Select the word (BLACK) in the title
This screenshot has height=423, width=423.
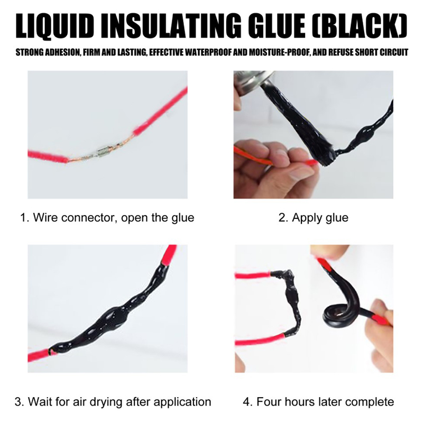coord(360,26)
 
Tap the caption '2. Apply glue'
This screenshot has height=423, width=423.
coord(313,217)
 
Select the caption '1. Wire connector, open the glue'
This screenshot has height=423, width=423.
coord(107,217)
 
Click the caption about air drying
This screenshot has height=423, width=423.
coord(113,402)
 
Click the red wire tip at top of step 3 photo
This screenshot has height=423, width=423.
coord(169,254)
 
